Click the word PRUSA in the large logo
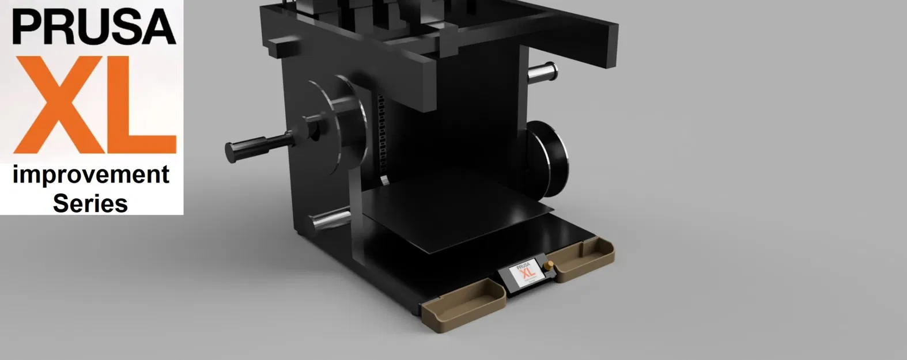click(x=93, y=27)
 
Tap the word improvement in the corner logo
click(x=91, y=175)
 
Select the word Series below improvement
click(x=90, y=203)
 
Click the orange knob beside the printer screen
click(x=547, y=266)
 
